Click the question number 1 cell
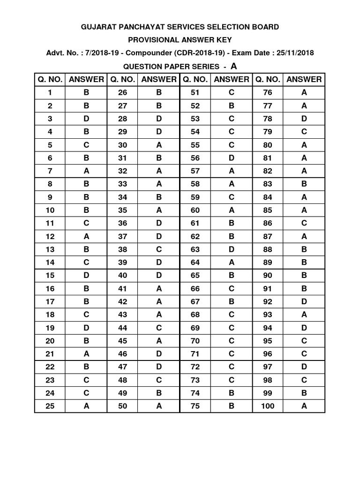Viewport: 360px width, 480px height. pyautogui.click(x=50, y=93)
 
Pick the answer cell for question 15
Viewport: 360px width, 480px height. pyautogui.click(x=86, y=276)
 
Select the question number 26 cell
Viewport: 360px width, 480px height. pyautogui.click(x=123, y=93)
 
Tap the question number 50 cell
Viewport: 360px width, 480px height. pyautogui.click(x=123, y=406)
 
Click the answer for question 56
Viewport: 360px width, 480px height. pyautogui.click(x=232, y=158)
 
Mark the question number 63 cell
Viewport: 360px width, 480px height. pyautogui.click(x=195, y=249)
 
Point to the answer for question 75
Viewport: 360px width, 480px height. pyautogui.click(x=232, y=406)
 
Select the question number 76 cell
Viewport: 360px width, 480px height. pyautogui.click(x=268, y=93)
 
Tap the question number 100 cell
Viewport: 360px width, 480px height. pyautogui.click(x=268, y=406)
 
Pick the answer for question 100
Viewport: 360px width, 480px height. pyautogui.click(x=304, y=406)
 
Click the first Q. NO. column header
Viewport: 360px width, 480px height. pyautogui.click(x=50, y=79)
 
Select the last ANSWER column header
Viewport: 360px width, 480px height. pyautogui.click(x=304, y=79)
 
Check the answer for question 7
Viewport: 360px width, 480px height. pyautogui.click(x=86, y=171)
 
